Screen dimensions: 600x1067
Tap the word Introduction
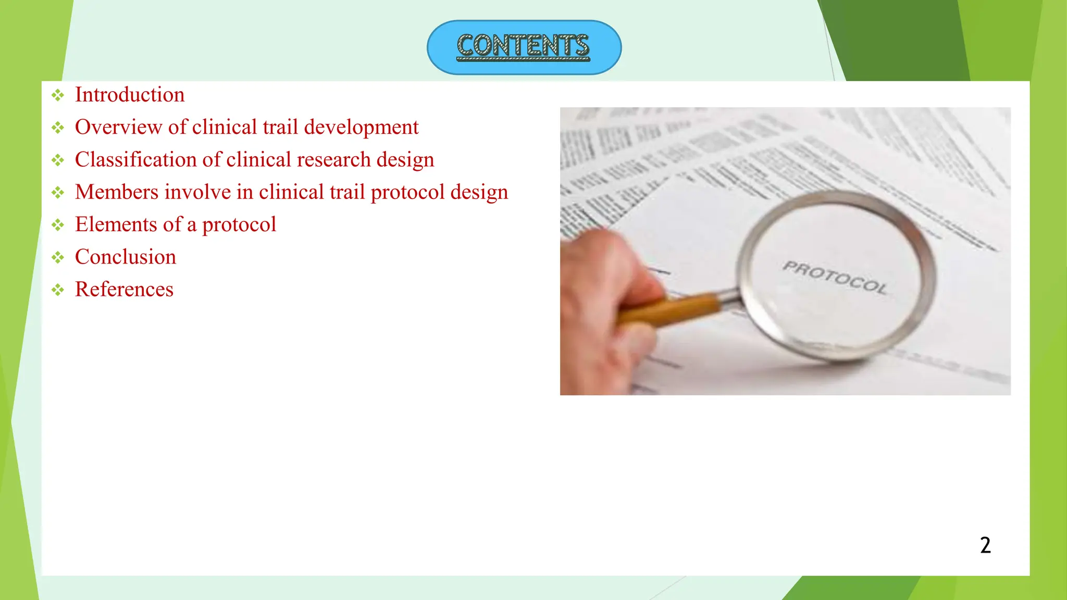click(x=130, y=95)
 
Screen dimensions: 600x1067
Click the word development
click(x=361, y=127)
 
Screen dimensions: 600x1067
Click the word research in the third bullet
click(x=333, y=159)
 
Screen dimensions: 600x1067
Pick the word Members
click(x=117, y=192)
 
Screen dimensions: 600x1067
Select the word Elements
click(x=116, y=224)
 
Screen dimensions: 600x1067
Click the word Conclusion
click(x=126, y=257)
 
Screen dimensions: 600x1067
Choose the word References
click(x=124, y=289)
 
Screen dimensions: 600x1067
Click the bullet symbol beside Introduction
click(x=58, y=95)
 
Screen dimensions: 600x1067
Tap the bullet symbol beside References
click(x=58, y=290)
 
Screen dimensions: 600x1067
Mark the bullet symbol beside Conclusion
click(x=58, y=257)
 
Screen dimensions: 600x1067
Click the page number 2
click(x=985, y=545)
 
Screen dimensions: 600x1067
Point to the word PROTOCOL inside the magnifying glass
click(x=835, y=278)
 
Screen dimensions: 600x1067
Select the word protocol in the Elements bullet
click(x=239, y=225)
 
